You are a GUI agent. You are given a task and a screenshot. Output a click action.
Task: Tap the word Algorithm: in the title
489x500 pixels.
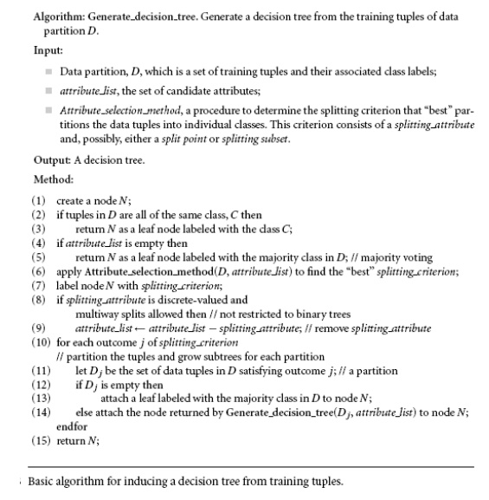(x=59, y=16)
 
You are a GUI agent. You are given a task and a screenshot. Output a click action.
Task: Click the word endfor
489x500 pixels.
(x=71, y=425)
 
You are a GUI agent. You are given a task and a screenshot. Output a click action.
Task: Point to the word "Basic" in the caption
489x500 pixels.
(x=44, y=482)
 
